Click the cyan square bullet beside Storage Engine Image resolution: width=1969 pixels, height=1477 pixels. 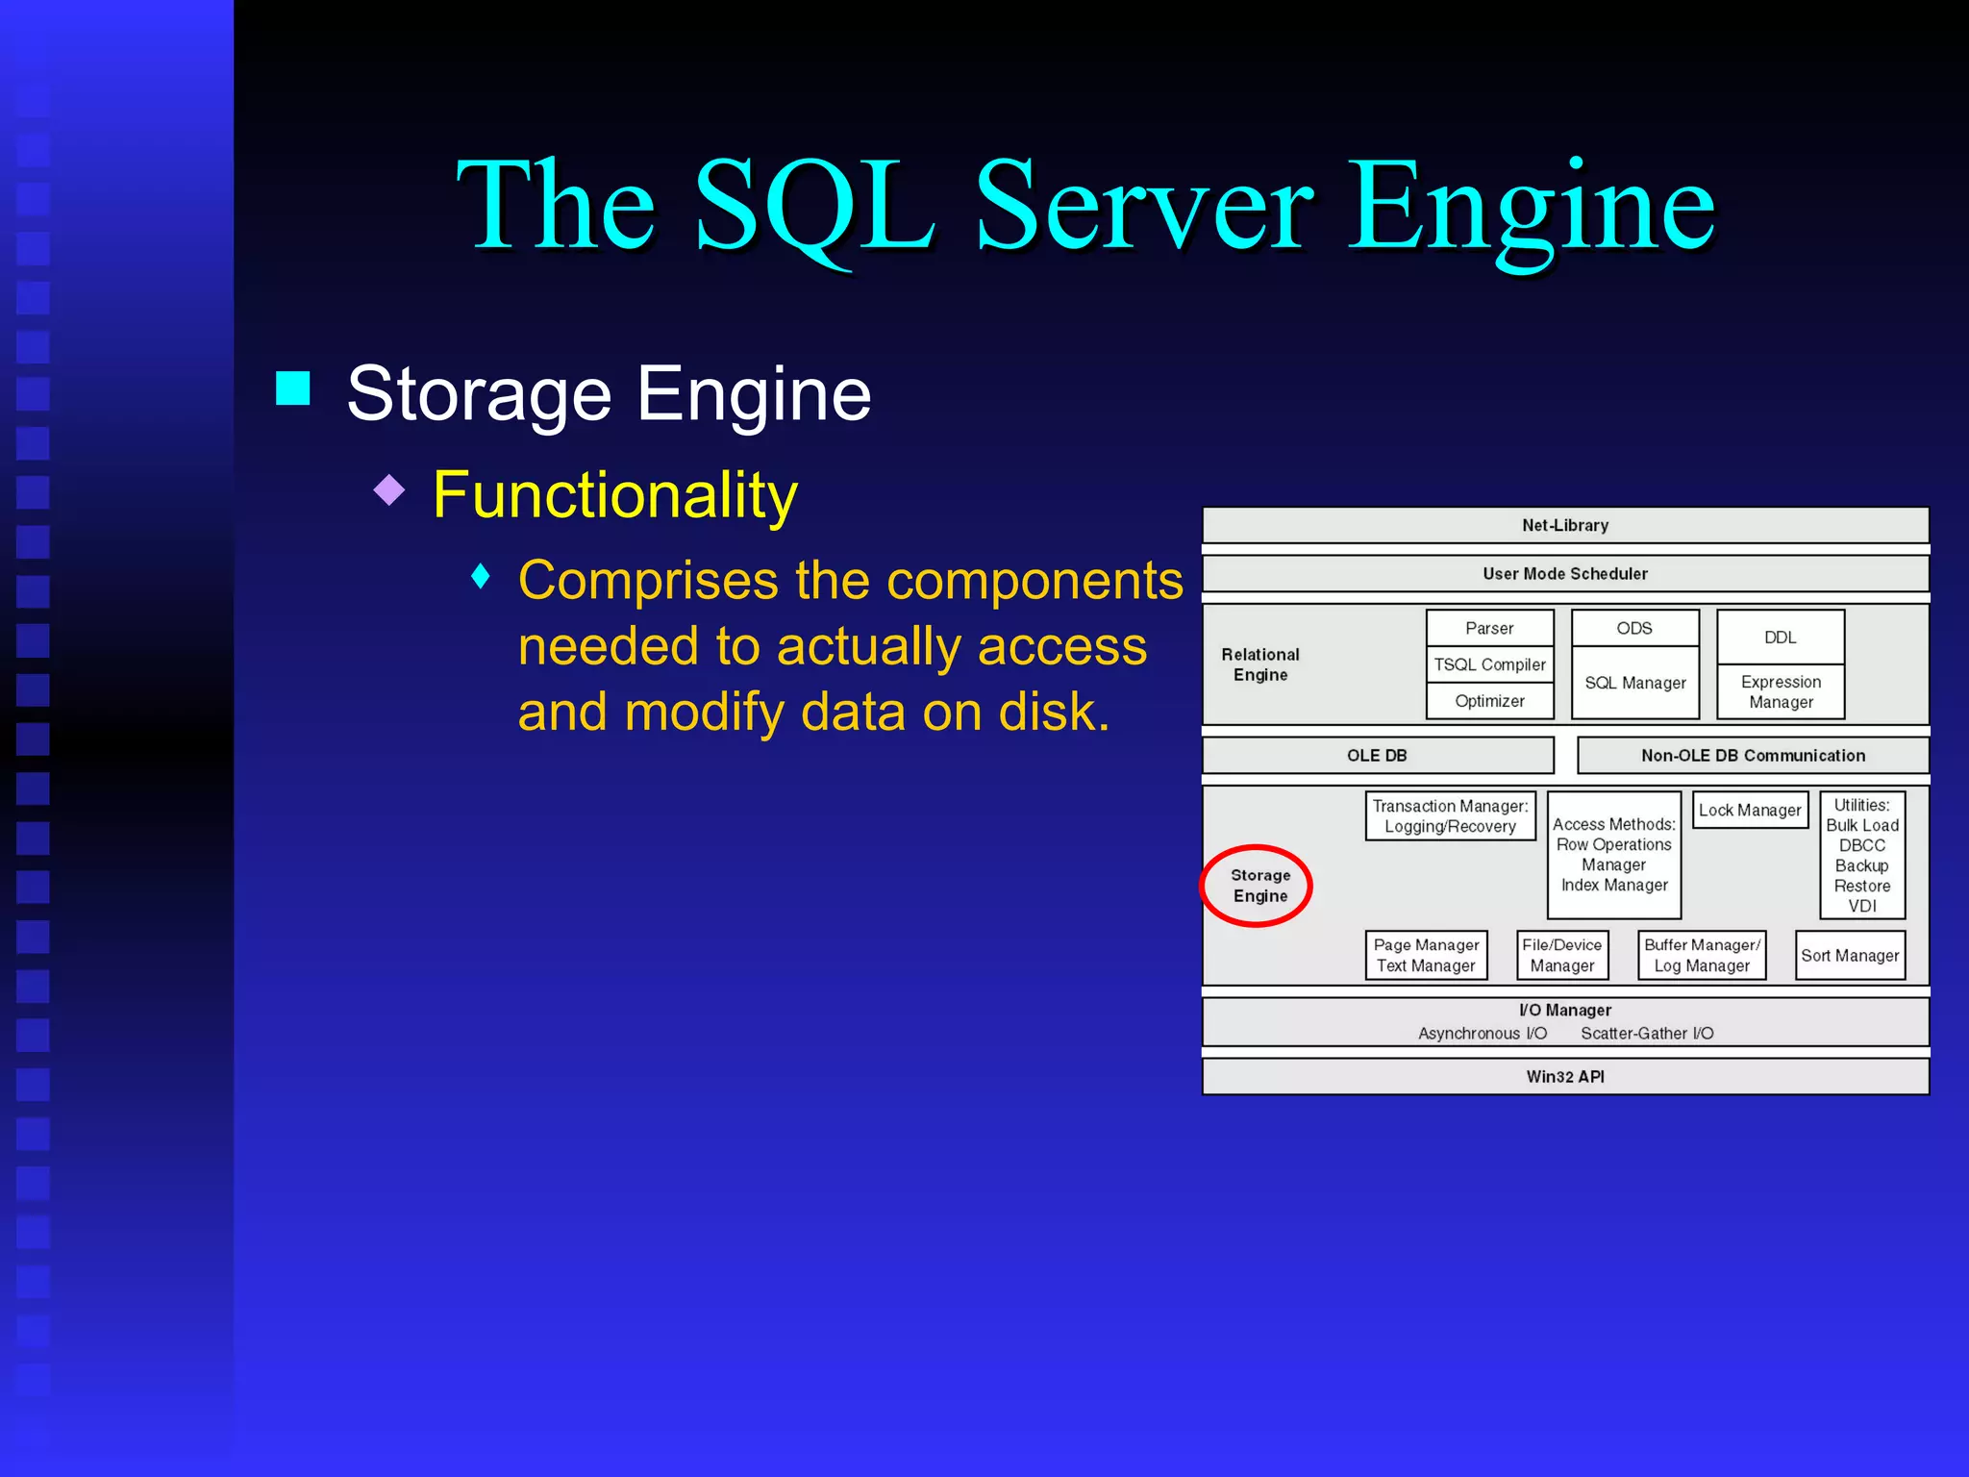pos(293,388)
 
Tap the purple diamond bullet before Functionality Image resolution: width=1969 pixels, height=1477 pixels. pos(389,490)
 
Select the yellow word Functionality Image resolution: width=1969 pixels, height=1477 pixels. pos(614,495)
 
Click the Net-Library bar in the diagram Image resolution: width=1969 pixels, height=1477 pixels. pos(1564,526)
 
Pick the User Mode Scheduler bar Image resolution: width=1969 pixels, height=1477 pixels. pos(1564,574)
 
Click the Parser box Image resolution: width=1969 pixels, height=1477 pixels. pos(1489,629)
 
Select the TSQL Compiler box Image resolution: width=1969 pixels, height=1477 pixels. pos(1489,664)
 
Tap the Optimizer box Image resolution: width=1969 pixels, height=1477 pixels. pos(1489,701)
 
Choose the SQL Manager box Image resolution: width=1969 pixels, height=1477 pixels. pos(1634,683)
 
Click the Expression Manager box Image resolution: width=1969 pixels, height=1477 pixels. pos(1781,692)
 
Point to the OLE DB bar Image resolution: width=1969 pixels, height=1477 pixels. pos(1377,756)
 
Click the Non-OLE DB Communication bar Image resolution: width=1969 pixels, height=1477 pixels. pos(1752,756)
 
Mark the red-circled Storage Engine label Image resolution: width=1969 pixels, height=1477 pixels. pos(1259,886)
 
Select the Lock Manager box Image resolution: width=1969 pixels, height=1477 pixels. pos(1750,811)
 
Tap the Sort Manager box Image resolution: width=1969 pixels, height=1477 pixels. pos(1850,956)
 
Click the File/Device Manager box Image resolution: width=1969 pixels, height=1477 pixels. pos(1561,956)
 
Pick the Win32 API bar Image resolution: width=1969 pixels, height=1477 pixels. pos(1564,1077)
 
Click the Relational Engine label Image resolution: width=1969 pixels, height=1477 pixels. pos(1259,664)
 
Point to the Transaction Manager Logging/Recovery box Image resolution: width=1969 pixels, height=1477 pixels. pos(1450,816)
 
